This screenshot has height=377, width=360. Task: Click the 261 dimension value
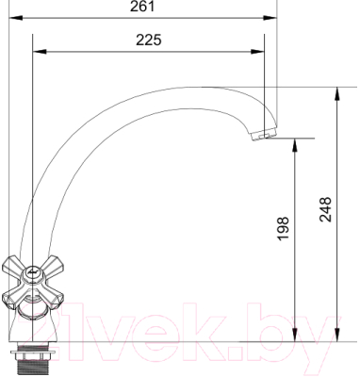(x=142, y=7)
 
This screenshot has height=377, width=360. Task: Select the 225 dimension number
(x=148, y=40)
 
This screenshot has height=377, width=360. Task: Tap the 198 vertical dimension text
(x=284, y=228)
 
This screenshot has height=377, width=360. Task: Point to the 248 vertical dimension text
(x=326, y=209)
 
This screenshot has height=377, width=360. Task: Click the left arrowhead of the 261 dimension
(x=16, y=18)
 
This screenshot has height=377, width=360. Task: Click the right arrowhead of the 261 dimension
(x=270, y=18)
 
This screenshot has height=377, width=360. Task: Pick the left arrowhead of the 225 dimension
(x=40, y=52)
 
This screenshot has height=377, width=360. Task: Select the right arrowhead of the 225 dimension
(x=257, y=52)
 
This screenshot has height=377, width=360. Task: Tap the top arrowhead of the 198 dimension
(x=295, y=145)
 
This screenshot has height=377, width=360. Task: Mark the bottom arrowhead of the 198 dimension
(x=295, y=335)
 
